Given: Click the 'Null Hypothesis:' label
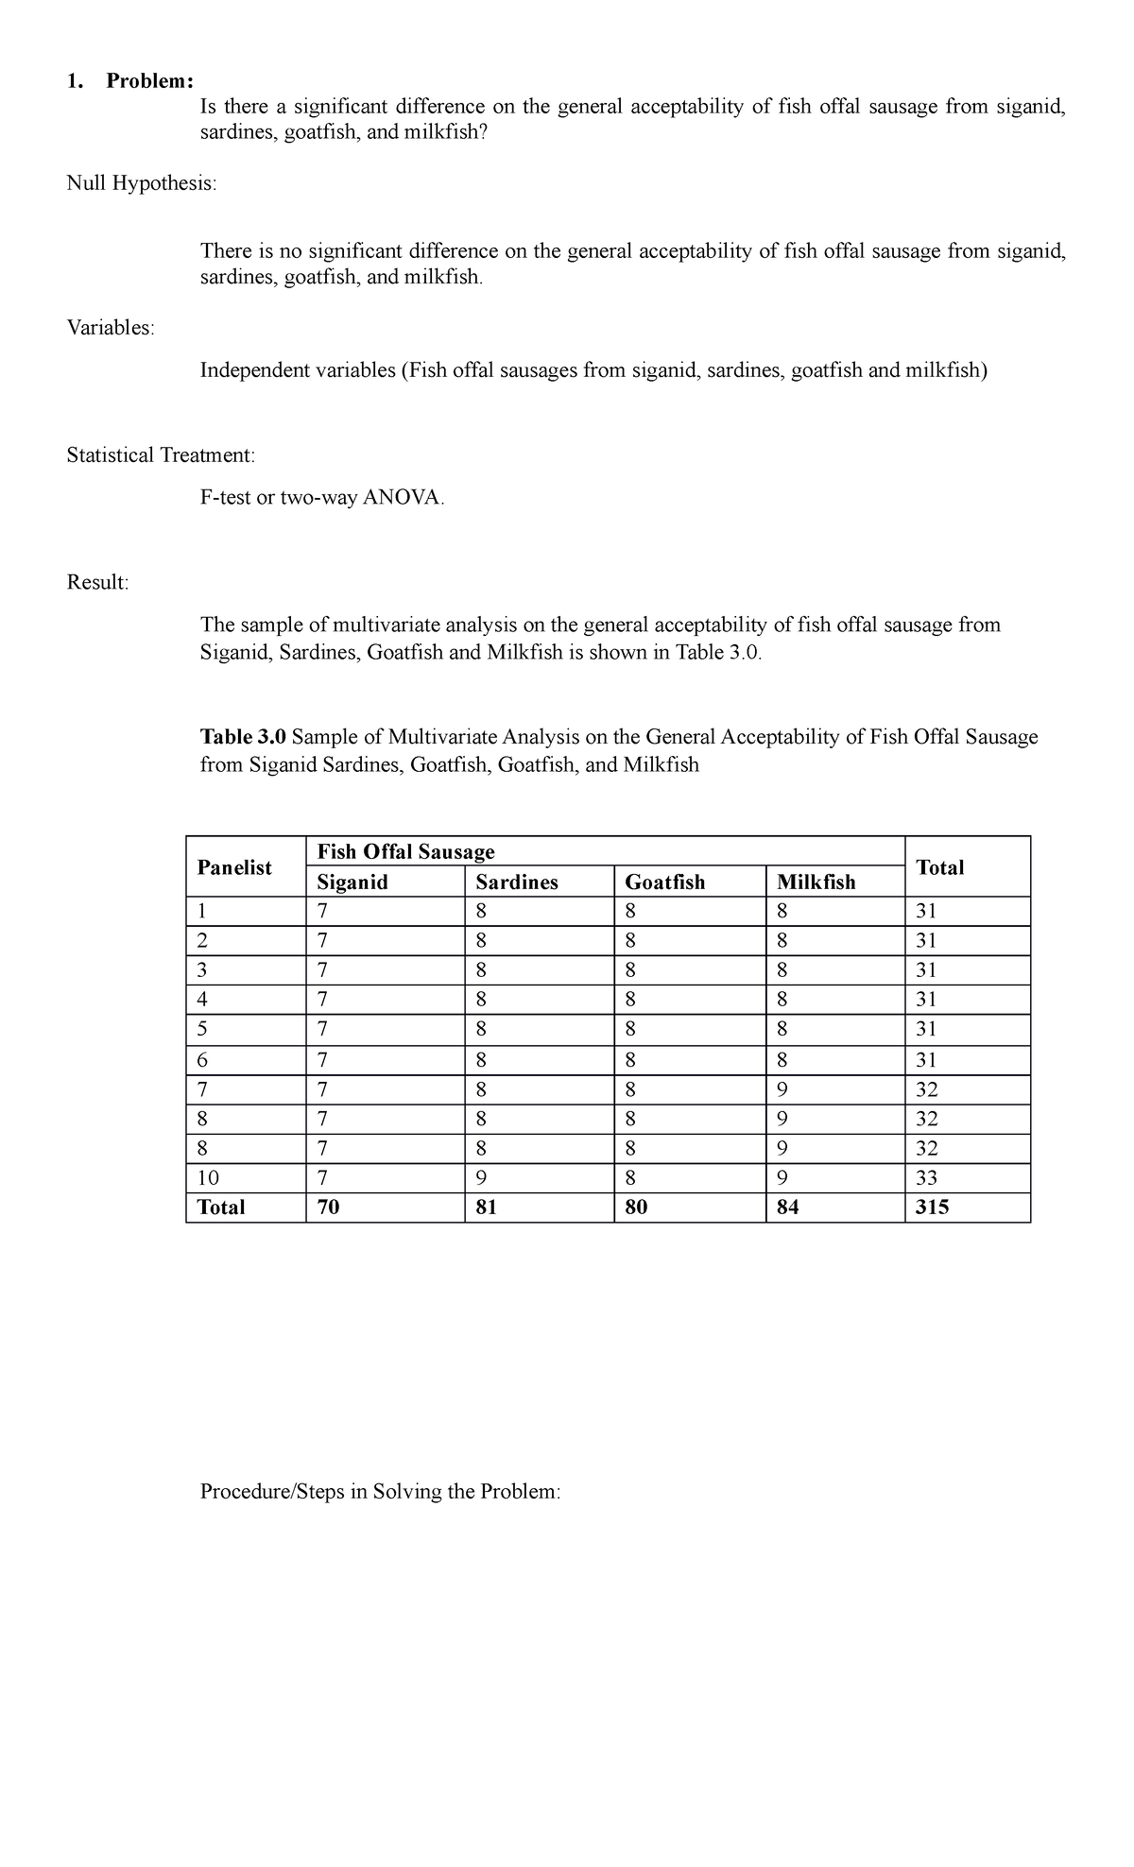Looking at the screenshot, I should coord(141,183).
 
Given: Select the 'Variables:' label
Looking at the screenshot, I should coord(111,328).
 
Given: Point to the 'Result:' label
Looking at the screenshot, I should coord(97,582).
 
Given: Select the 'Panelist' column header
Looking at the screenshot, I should coord(234,867).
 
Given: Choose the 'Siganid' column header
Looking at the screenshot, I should coord(352,882).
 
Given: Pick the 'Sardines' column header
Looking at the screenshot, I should coord(517,882).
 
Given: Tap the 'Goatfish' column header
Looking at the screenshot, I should coord(665,882).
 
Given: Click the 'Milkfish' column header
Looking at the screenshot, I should coord(816,882).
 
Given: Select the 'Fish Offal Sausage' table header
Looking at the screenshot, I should coord(406,852).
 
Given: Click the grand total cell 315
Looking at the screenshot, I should coord(933,1208).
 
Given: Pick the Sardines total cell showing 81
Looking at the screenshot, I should coord(487,1208).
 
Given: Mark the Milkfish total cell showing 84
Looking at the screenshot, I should coord(787,1208).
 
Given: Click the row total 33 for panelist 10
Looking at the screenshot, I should coord(927,1178).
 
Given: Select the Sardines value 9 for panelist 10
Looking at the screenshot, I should coord(481,1178).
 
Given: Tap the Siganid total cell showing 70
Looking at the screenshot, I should coord(329,1208).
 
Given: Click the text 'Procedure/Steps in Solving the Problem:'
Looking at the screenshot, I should coord(381,1492).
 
